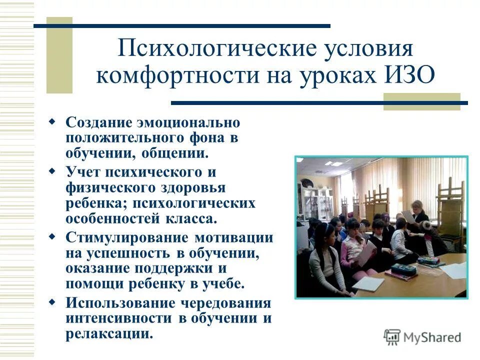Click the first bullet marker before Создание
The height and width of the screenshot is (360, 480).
(52, 121)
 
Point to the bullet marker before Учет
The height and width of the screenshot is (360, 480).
(52, 171)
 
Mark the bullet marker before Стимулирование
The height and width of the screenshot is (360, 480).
(52, 236)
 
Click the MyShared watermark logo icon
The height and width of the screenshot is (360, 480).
(392, 337)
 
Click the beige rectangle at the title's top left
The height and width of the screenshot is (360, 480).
(59, 55)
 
